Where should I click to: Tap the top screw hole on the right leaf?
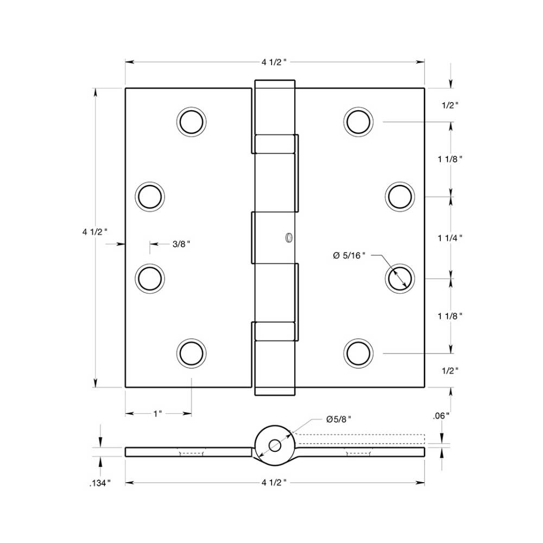click(x=358, y=121)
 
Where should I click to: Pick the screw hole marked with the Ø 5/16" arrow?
click(x=400, y=279)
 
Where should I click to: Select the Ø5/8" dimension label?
click(x=339, y=419)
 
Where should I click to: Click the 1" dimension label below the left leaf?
click(x=157, y=414)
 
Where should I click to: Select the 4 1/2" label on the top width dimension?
click(x=274, y=62)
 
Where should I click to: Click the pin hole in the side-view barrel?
click(x=274, y=445)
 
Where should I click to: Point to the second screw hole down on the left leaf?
click(x=149, y=196)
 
